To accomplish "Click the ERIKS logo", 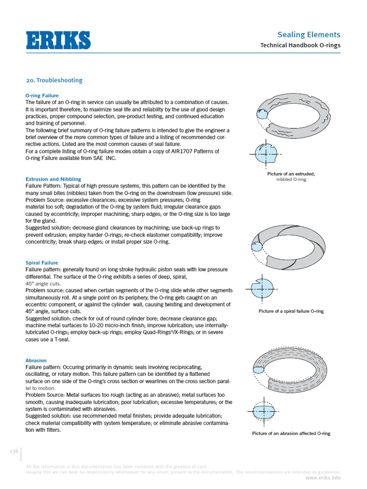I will coord(58,40).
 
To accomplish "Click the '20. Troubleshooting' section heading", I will coord(54,80).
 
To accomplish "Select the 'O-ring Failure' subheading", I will coord(42,96).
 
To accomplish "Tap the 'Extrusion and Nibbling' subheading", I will coord(53,179).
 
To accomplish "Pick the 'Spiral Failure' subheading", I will coord(42,263).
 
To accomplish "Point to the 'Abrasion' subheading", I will coord(36,361).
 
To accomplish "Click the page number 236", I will coord(13,451).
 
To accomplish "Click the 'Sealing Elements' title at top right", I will coord(309,34).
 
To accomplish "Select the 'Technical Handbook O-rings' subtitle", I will coord(300,45).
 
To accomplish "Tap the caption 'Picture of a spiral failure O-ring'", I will coord(291,311).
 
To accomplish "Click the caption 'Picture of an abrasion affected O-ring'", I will coord(291,434).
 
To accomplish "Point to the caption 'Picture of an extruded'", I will coord(291,174).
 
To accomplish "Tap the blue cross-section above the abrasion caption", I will coord(261,411).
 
